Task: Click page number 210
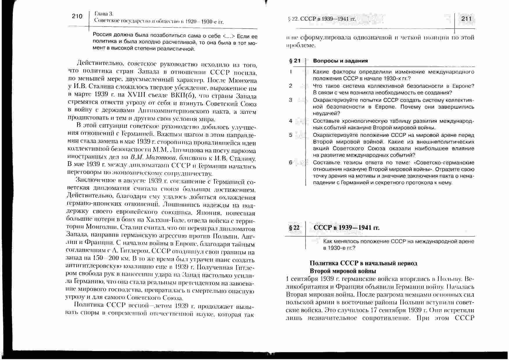pos(77,16)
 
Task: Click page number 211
pos(466,19)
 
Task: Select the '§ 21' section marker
pos(295,61)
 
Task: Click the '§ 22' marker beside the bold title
pos(294,228)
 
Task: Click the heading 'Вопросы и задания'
pos(340,61)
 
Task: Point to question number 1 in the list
pos(291,72)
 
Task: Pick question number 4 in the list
pos(291,121)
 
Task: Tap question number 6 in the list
pos(291,162)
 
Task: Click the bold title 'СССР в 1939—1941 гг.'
pos(347,228)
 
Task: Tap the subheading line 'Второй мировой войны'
pos(343,271)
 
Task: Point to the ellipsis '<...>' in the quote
pos(230,36)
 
